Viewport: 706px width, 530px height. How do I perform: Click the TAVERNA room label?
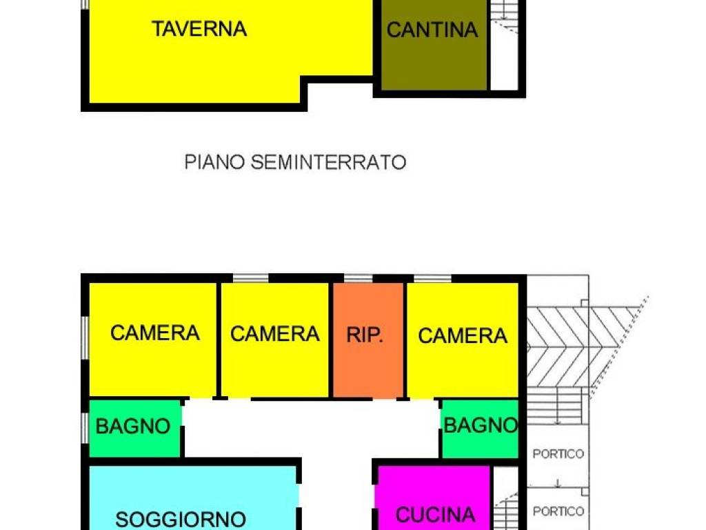click(199, 29)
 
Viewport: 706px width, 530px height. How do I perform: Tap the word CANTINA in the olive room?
click(432, 30)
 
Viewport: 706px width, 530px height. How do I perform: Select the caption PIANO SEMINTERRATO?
click(295, 162)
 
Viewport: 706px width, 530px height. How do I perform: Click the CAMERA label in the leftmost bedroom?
click(155, 333)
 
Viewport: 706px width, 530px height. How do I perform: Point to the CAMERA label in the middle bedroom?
click(274, 334)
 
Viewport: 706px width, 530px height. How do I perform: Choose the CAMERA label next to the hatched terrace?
click(462, 335)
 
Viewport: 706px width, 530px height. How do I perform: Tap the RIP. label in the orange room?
click(365, 335)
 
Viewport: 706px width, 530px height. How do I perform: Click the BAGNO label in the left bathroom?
click(133, 426)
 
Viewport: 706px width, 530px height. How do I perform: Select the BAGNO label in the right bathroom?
click(481, 425)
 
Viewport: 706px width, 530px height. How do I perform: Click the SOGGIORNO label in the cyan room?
click(181, 518)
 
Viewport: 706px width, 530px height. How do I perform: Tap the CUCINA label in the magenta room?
click(435, 514)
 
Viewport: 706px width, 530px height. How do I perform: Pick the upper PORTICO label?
click(558, 454)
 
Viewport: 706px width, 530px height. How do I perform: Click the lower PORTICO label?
click(558, 511)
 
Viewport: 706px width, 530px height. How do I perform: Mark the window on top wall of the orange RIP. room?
click(359, 278)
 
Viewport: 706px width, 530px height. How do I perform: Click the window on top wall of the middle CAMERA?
click(250, 278)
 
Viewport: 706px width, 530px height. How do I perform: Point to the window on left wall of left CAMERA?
click(85, 338)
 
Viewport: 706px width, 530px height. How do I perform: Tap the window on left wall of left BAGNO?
click(85, 427)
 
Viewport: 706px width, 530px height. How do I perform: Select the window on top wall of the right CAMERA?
click(432, 278)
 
